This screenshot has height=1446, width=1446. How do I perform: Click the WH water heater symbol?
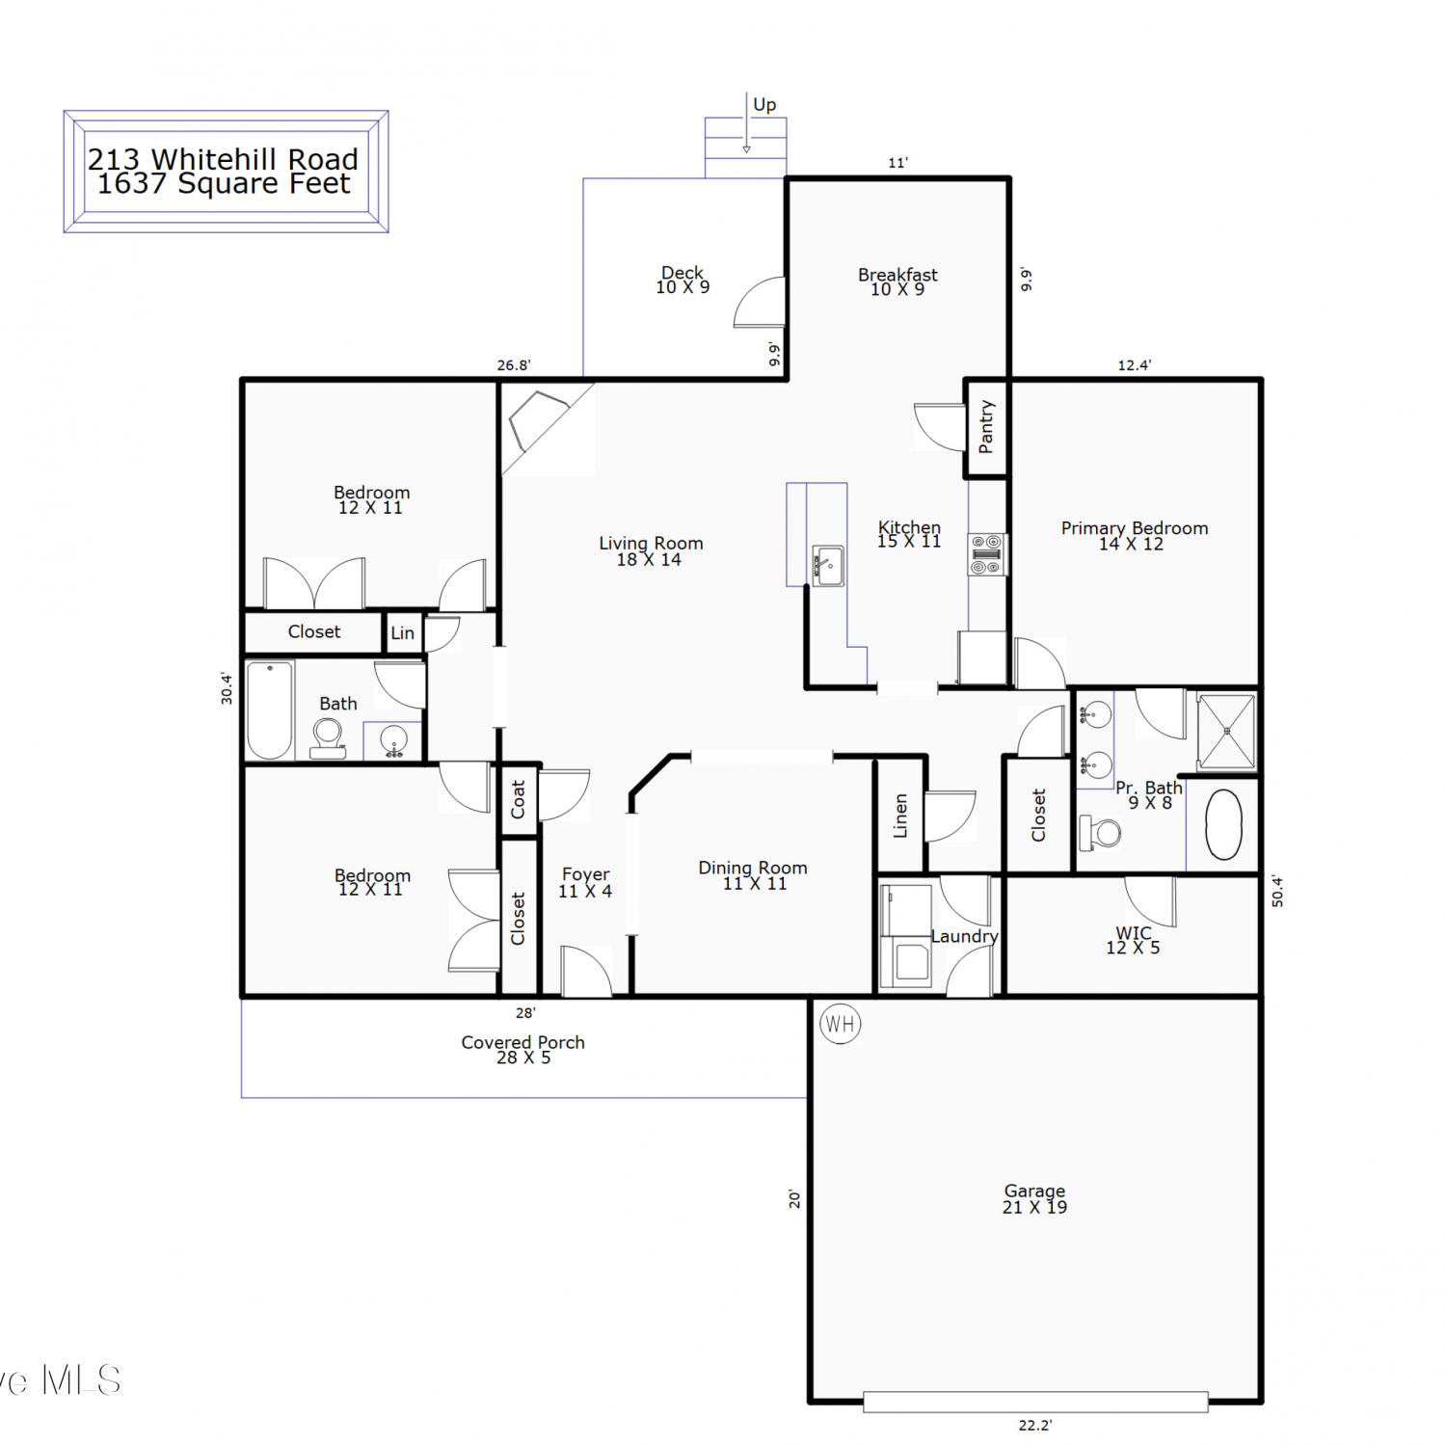click(x=840, y=1024)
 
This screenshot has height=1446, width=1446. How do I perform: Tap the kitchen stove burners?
click(x=987, y=554)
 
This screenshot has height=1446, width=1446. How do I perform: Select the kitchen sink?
click(x=828, y=565)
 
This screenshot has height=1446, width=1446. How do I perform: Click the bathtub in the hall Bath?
click(x=270, y=710)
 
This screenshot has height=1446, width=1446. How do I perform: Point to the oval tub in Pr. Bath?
click(x=1223, y=824)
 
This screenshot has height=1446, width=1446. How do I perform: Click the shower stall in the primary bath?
click(x=1226, y=732)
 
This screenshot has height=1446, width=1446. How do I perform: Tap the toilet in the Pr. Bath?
click(x=1101, y=832)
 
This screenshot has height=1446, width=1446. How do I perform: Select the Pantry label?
click(x=985, y=426)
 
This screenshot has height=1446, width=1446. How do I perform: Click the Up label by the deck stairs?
click(x=764, y=104)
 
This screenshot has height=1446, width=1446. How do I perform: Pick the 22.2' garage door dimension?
click(x=1035, y=1425)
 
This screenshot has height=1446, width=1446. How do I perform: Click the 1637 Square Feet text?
click(x=224, y=183)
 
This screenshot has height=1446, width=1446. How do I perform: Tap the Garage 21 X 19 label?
click(x=1034, y=1198)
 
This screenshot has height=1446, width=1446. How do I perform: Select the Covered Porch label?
click(x=522, y=1042)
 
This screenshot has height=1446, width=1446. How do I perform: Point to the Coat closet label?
click(x=518, y=799)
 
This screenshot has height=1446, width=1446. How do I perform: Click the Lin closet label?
click(x=402, y=633)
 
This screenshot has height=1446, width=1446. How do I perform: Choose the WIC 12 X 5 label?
click(x=1133, y=940)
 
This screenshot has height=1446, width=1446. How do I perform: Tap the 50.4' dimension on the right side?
click(x=1277, y=891)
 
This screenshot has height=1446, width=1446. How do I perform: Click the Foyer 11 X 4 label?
click(x=585, y=882)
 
